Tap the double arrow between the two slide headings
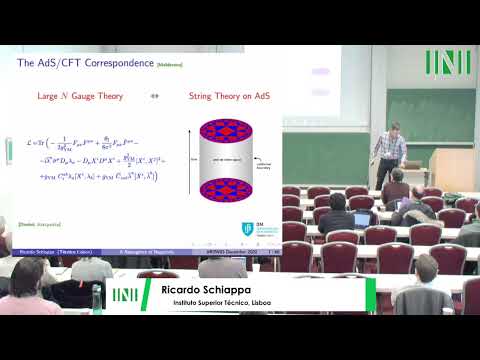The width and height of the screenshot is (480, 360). [156, 98]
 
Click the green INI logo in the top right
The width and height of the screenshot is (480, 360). [446, 62]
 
